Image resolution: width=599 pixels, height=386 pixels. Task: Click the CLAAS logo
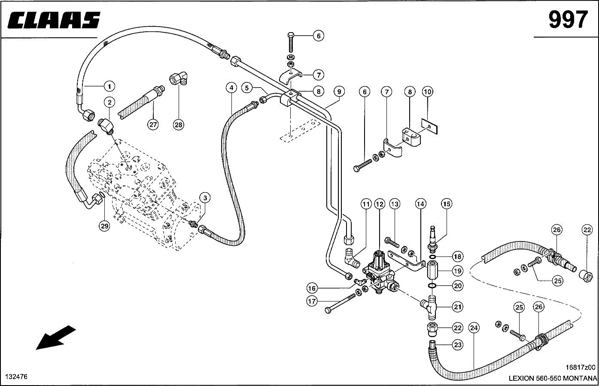tap(54, 20)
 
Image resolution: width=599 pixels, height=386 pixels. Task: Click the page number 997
tap(567, 20)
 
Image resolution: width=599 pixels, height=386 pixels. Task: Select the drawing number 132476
tap(16, 377)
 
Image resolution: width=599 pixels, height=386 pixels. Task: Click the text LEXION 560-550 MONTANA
tap(553, 378)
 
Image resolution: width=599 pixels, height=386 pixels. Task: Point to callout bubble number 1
tap(109, 86)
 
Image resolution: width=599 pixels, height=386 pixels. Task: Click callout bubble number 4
tap(231, 88)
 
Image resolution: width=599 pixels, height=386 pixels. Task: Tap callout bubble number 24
tap(474, 328)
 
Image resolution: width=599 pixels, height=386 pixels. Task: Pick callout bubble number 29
tap(105, 226)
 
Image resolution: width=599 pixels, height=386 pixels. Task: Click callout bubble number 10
tap(427, 91)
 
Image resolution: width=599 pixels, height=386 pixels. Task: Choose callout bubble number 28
tap(178, 125)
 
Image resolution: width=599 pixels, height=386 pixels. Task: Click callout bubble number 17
tap(312, 302)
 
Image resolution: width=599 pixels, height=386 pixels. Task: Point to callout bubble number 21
tap(458, 306)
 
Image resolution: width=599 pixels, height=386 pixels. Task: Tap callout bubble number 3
tap(205, 197)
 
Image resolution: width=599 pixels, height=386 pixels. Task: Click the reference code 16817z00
tap(581, 367)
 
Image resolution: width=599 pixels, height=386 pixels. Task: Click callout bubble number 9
tap(339, 91)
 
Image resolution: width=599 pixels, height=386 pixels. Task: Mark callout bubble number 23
tap(458, 344)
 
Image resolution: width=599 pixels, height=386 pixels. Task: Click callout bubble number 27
tap(153, 125)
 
